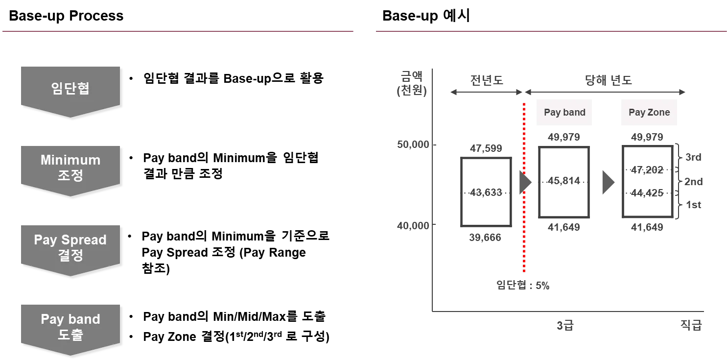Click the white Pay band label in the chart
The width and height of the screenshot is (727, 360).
565,112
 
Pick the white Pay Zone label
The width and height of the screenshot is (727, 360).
649,112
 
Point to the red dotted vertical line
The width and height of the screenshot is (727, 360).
524,235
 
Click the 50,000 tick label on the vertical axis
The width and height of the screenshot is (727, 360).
414,145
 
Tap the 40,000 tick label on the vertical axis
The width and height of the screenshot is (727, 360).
414,226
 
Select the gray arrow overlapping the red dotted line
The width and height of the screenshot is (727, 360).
524,181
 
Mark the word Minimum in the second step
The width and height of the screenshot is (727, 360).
70,160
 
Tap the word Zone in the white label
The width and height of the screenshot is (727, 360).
658,112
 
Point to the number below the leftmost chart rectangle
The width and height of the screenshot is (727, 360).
485,237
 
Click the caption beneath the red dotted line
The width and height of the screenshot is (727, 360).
523,284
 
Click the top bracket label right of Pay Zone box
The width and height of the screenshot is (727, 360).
693,157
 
